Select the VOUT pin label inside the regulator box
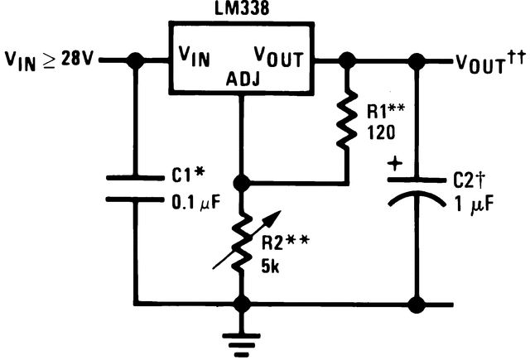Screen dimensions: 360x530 point(278,59)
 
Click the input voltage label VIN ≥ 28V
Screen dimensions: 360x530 point(52,60)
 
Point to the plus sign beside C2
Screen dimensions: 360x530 point(395,164)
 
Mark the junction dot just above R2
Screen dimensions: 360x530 point(241,181)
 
